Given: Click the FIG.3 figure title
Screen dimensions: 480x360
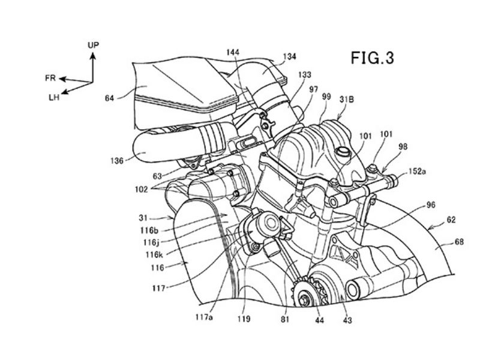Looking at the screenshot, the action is point(372,58).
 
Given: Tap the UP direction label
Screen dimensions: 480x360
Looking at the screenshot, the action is point(94,46).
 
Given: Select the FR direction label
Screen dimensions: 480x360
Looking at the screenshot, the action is point(50,79).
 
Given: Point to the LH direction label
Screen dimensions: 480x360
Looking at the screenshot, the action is point(54,98).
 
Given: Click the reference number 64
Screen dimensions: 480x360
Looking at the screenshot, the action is point(109,98).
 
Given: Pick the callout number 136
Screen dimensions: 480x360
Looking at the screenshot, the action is point(117,160).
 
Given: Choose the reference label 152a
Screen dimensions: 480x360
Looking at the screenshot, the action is point(417,172).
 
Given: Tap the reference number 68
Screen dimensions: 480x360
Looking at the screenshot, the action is point(459,242).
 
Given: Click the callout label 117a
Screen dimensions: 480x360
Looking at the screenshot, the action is point(204,317).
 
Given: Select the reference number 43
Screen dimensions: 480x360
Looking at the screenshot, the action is point(347,320).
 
